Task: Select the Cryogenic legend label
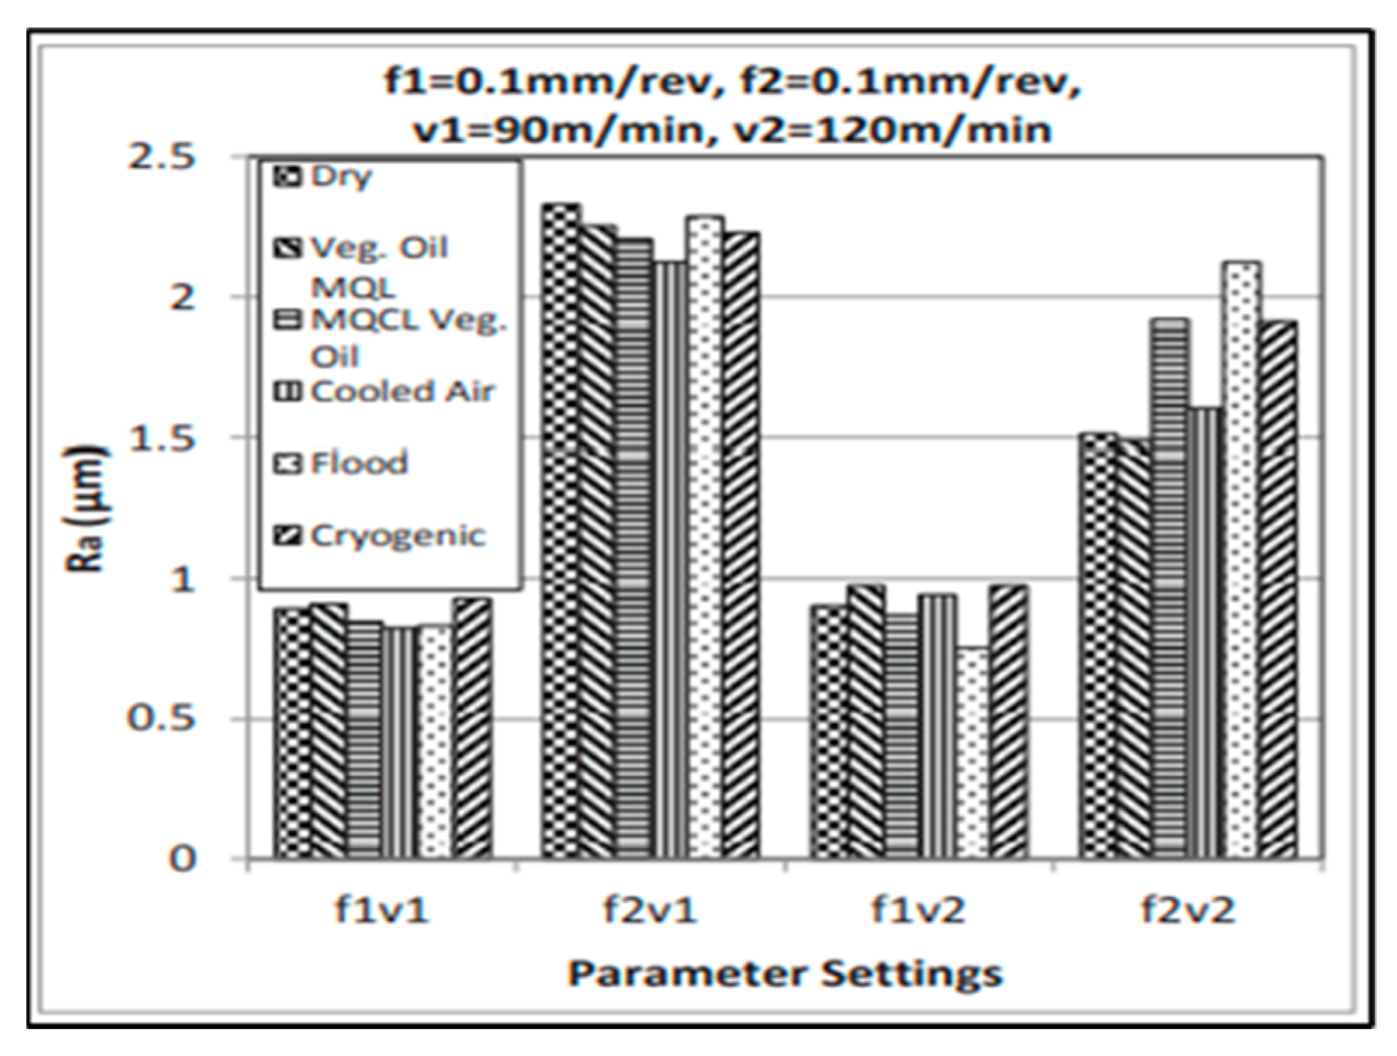397,536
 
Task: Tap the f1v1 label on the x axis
381,910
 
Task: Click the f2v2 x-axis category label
1187,910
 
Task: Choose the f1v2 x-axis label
918,910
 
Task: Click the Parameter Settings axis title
785,974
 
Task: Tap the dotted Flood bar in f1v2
973,752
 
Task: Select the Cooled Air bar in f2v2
1205,633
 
